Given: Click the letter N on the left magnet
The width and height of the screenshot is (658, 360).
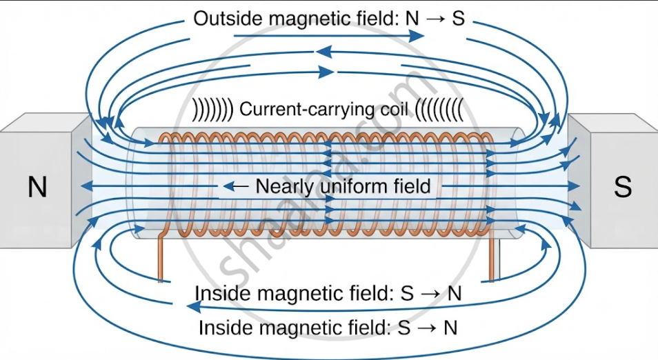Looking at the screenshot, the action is [37, 187].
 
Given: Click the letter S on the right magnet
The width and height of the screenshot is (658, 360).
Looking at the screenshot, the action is [623, 187].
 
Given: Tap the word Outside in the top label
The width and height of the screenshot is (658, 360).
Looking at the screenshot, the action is [228, 19].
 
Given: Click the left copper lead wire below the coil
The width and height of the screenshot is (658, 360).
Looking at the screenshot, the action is [160, 257].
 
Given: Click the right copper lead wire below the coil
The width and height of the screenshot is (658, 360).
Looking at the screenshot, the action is [492, 257].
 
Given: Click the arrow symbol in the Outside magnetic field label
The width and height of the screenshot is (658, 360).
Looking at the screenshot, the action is [436, 19].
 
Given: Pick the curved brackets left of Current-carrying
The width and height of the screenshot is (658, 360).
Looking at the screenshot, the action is [212, 110].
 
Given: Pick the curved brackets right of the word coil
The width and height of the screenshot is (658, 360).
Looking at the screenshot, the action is [440, 110].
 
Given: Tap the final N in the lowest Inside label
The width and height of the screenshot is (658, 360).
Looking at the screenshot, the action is [450, 328].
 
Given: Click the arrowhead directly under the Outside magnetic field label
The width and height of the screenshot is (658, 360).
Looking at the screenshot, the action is [417, 37].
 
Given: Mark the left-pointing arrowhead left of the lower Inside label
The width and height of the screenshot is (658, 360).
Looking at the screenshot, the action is [193, 308].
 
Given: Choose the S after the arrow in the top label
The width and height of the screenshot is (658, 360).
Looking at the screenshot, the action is [459, 19].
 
